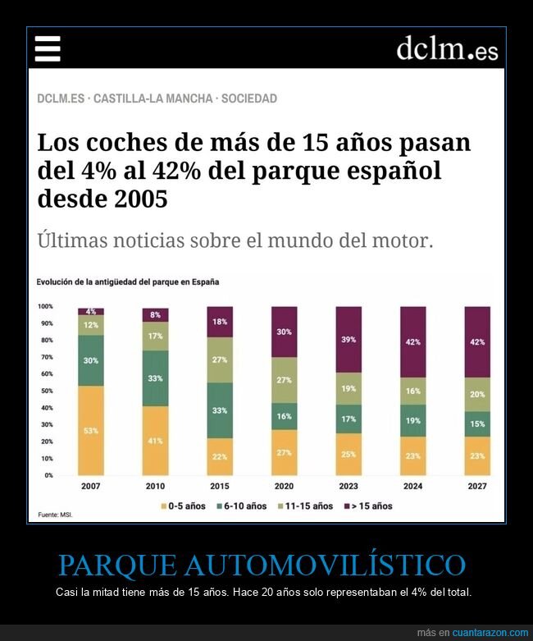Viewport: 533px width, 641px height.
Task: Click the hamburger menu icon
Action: (48, 49)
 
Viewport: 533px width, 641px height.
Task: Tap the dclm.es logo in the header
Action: (447, 48)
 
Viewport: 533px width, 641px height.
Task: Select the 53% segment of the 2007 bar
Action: (91, 430)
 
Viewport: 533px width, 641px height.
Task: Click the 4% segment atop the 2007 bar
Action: (91, 311)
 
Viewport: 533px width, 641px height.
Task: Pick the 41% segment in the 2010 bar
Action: (155, 440)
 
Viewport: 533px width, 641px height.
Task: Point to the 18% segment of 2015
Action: (220, 322)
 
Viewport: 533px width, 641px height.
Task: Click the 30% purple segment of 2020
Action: (285, 332)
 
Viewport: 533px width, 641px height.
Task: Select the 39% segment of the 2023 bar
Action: (348, 340)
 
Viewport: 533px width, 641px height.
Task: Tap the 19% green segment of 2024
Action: (413, 420)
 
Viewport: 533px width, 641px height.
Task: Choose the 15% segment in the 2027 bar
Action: (477, 424)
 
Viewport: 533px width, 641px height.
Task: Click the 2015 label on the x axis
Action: (220, 487)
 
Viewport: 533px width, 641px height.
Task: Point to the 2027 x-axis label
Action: (477, 487)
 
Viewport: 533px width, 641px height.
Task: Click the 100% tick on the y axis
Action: (44, 306)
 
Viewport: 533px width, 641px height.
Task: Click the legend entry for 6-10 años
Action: (242, 506)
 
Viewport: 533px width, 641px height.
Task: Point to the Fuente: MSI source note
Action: (52, 515)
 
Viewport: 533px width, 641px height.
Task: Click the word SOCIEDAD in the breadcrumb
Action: (249, 98)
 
